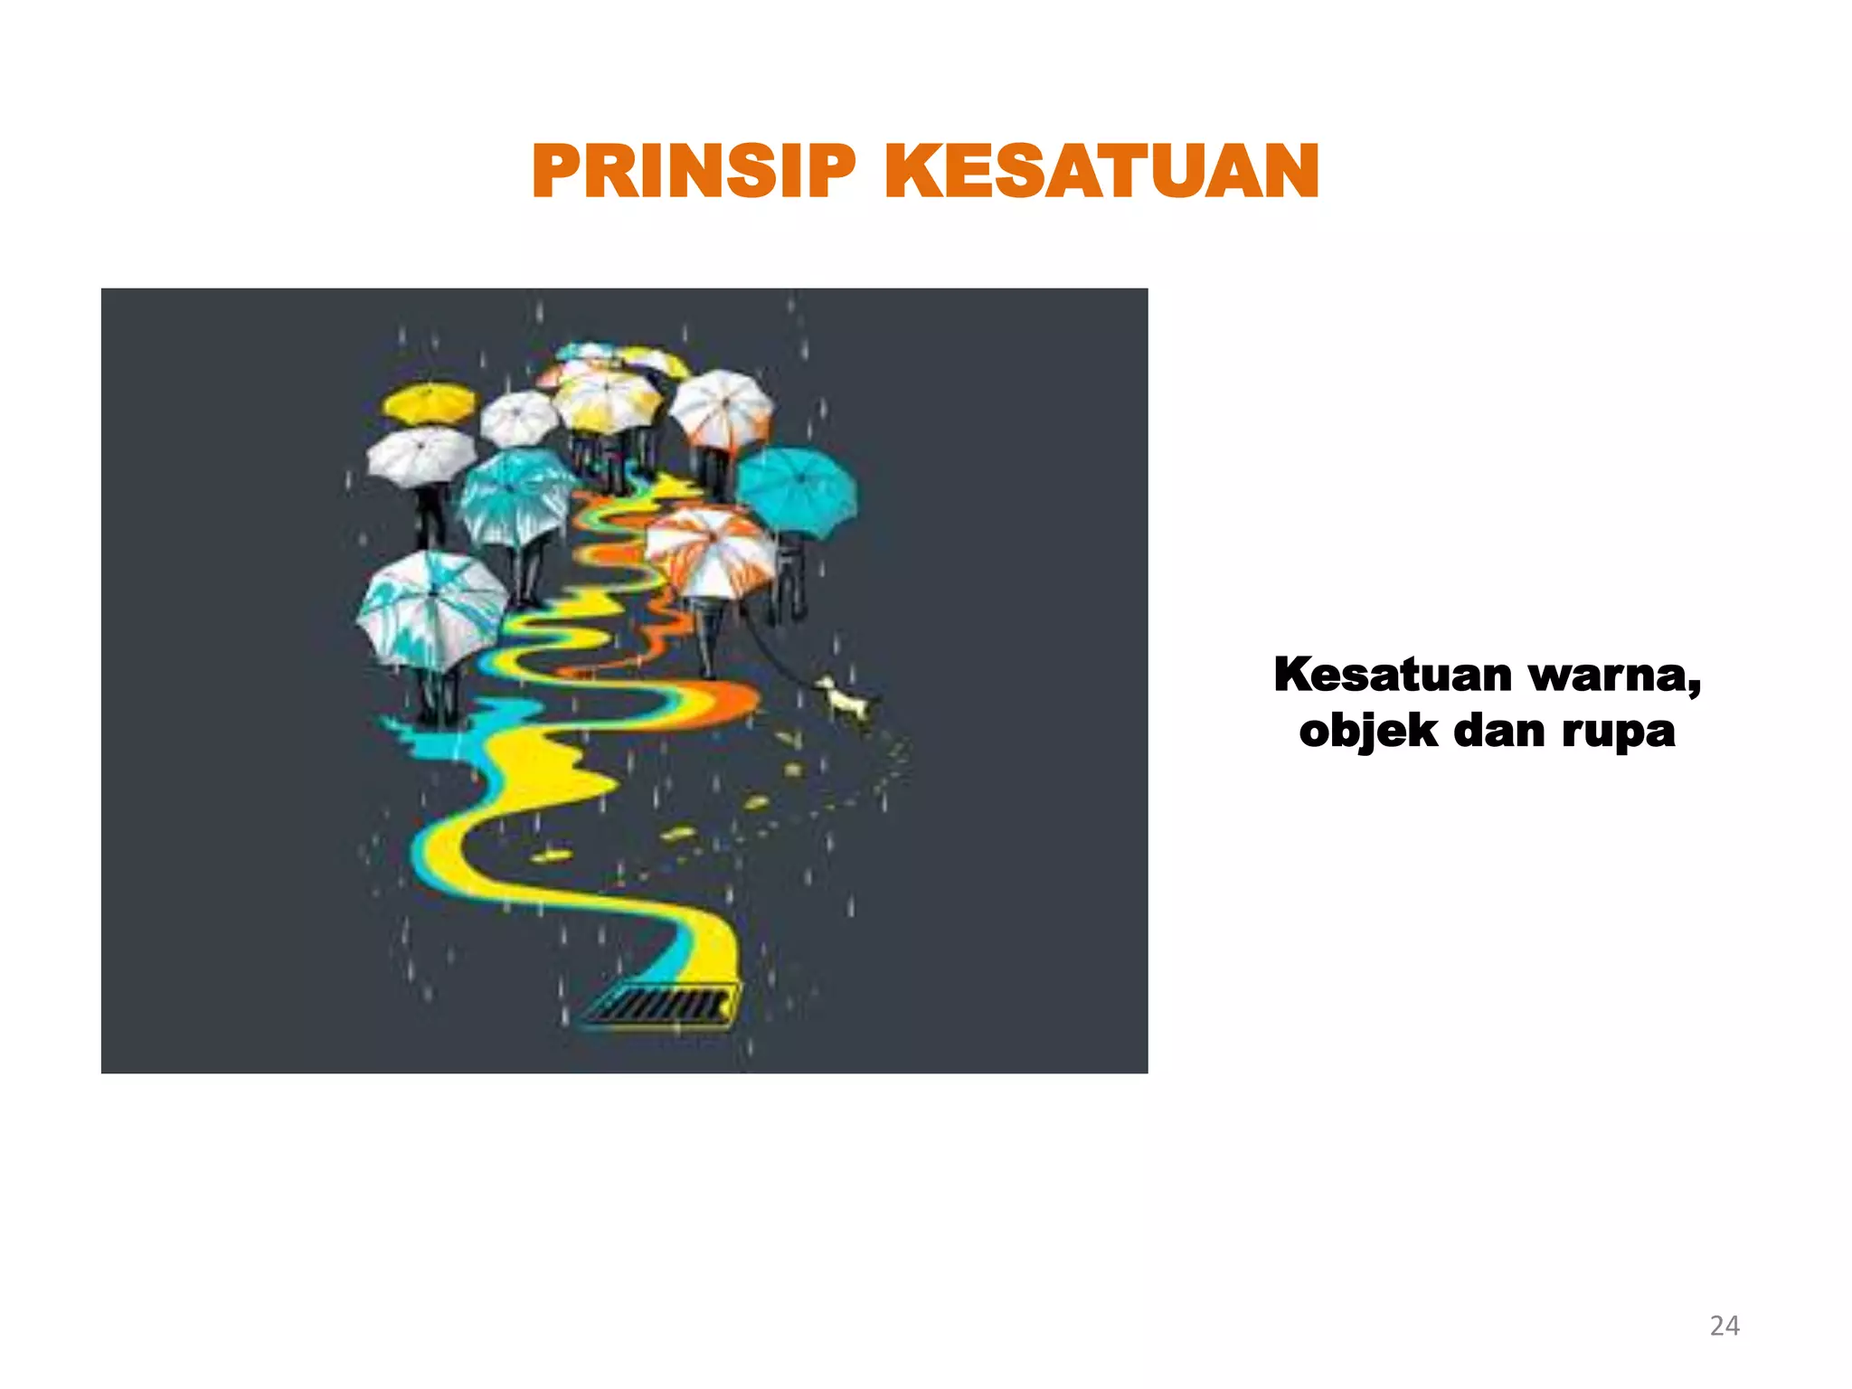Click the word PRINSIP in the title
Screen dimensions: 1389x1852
click(693, 172)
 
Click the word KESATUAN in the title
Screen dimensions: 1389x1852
click(1101, 172)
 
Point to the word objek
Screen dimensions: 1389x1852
click(1367, 732)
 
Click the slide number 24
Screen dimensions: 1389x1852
click(1724, 1326)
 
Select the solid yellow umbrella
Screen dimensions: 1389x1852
click(429, 403)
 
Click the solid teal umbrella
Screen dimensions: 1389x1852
click(796, 491)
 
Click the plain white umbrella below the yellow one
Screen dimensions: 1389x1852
click(420, 455)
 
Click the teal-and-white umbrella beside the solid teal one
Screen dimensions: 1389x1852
click(515, 497)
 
